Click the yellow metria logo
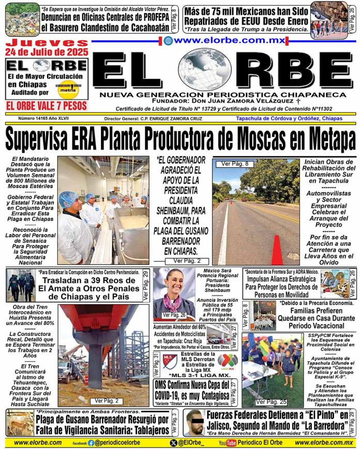pos(67,88)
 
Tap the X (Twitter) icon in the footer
pos(173,443)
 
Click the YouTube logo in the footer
pos(228,443)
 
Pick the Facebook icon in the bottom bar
pos(91,443)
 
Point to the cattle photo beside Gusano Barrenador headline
pos(20,423)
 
